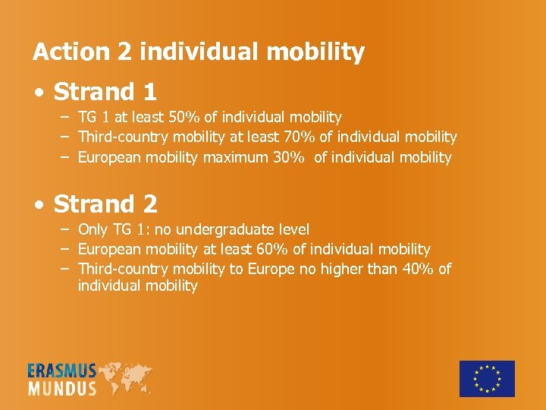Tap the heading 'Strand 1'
(x=105, y=92)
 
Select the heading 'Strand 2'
(x=105, y=203)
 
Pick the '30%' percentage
(x=290, y=158)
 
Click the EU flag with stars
(x=487, y=378)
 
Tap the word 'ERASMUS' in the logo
(x=62, y=371)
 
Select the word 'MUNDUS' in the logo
(x=62, y=389)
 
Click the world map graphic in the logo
(x=125, y=377)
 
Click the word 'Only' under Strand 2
(x=93, y=229)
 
